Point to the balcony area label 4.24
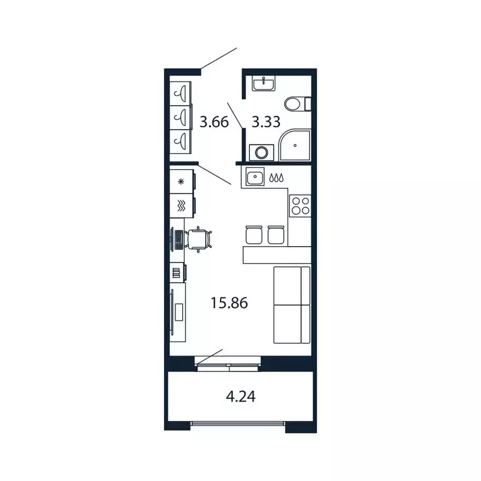[x=240, y=396]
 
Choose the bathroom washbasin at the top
[x=264, y=83]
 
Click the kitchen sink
[x=255, y=178]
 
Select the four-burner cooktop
[x=299, y=204]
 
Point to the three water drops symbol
[x=276, y=178]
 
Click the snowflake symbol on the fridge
[x=182, y=182]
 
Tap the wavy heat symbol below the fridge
[x=181, y=205]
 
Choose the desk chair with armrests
[x=199, y=239]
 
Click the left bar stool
[x=252, y=234]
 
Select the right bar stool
[x=276, y=234]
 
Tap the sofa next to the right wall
[x=292, y=304]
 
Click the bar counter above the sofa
[x=276, y=254]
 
